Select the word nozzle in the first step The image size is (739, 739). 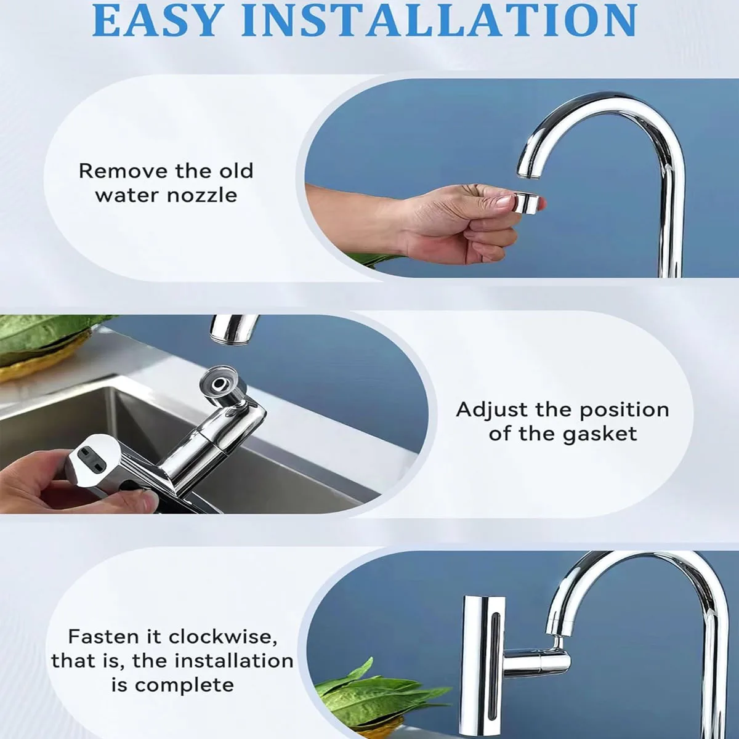point(202,196)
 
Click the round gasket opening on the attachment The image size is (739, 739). point(220,382)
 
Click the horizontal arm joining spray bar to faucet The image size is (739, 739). point(536,660)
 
